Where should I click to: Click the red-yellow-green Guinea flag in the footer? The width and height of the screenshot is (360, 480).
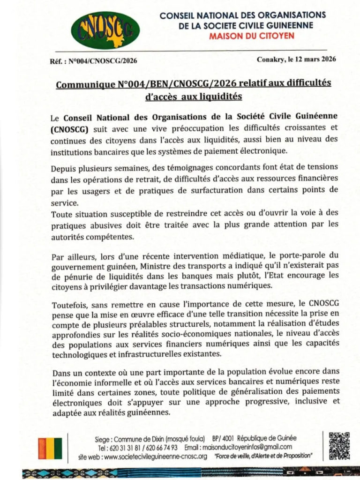(x=50, y=448)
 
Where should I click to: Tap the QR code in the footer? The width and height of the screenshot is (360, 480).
(x=339, y=445)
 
